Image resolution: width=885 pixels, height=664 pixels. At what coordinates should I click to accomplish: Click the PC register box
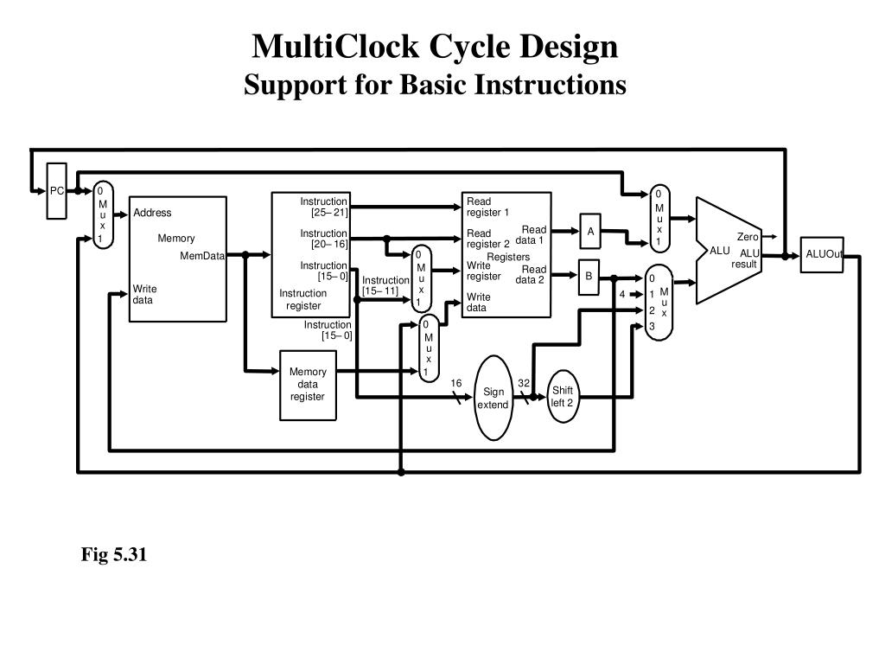(x=56, y=190)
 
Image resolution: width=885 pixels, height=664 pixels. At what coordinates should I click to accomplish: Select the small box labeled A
(x=590, y=231)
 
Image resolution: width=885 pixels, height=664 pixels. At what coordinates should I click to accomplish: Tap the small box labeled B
(x=589, y=277)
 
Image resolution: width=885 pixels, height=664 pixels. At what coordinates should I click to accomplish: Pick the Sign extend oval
(x=493, y=398)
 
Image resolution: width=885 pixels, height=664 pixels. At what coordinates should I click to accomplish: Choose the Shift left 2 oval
(x=563, y=397)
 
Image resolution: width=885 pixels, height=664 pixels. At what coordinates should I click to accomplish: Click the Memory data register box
(x=308, y=385)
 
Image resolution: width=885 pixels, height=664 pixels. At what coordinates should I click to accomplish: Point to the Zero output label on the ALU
(x=748, y=237)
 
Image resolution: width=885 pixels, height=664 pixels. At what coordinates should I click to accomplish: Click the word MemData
(x=202, y=256)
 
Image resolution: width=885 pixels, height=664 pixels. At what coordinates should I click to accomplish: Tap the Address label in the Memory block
(x=152, y=213)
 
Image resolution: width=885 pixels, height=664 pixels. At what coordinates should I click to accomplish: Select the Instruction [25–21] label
(x=324, y=207)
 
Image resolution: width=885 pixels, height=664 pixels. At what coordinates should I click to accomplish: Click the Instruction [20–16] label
(x=324, y=239)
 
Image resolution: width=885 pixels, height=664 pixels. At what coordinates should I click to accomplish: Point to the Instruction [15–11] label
(x=385, y=285)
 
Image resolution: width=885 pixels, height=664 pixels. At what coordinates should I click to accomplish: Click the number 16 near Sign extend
(x=456, y=383)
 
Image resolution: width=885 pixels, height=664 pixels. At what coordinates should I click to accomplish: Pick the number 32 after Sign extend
(x=524, y=383)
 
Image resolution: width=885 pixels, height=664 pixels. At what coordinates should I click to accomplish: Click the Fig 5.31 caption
(x=115, y=555)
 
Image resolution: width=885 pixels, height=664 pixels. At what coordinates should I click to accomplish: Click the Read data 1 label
(x=532, y=235)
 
